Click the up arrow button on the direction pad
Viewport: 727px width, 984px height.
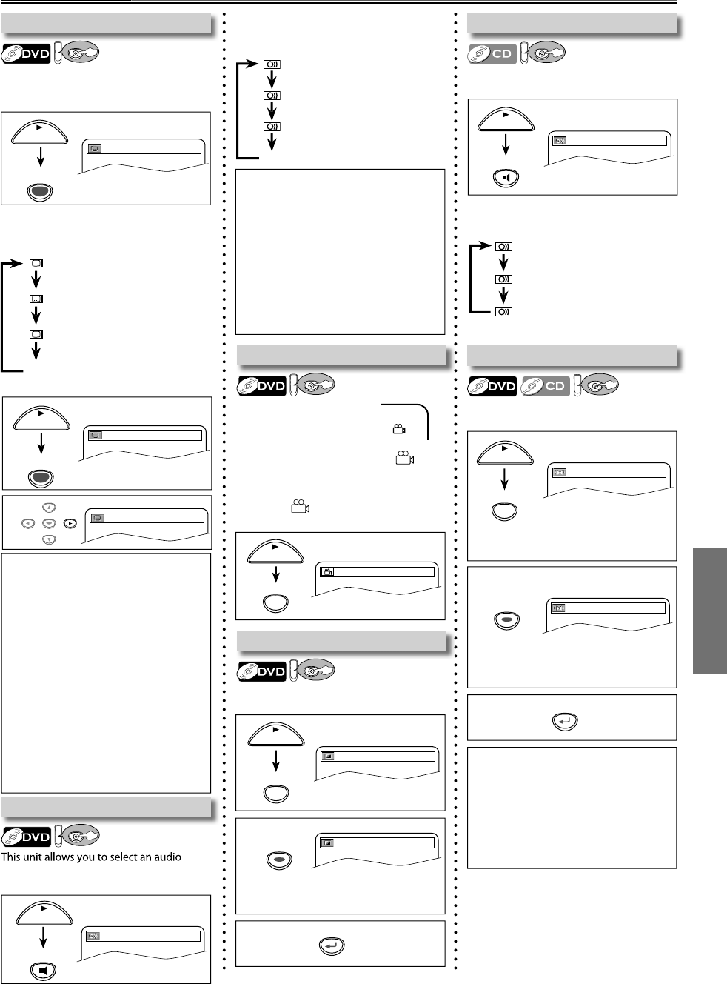[49, 507]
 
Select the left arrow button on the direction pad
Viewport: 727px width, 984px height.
[31, 522]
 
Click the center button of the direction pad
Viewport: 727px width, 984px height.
[49, 522]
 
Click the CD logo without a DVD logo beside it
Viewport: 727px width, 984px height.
[492, 53]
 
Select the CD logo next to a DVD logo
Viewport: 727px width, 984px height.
[546, 385]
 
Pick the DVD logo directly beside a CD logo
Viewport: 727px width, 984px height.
[492, 385]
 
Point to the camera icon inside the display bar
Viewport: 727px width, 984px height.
[328, 571]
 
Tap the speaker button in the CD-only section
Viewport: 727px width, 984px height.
[507, 178]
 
